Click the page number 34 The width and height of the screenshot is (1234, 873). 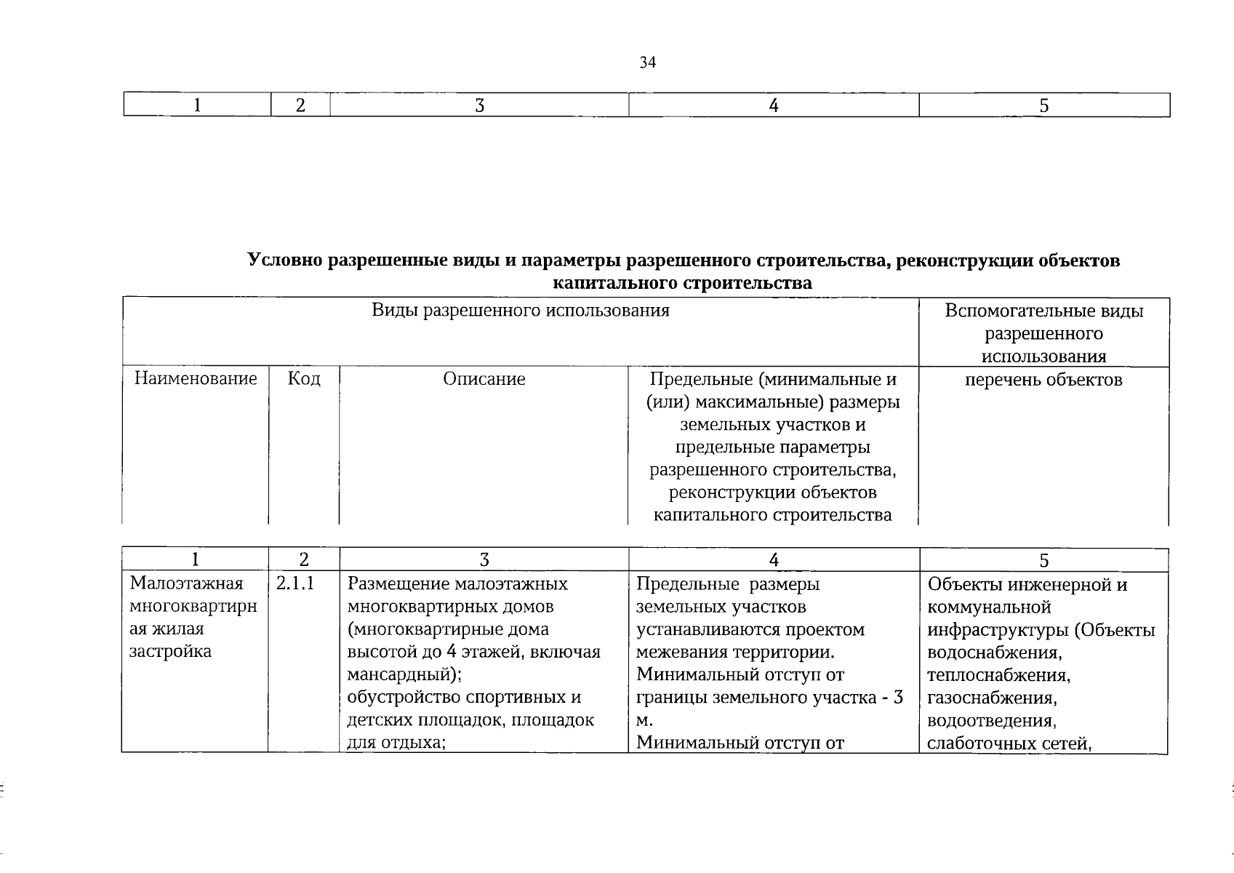pos(647,63)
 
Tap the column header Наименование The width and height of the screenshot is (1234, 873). pos(196,378)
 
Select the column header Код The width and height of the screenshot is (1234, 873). pos(304,378)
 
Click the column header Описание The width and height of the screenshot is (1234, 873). pos(484,379)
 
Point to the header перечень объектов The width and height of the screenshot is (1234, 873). pos(1043,380)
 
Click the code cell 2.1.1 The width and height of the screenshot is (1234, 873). pos(295,583)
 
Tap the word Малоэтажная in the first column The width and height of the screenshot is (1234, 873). pos(185,583)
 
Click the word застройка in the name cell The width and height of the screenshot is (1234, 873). pos(170,651)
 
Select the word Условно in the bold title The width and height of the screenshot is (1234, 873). pos(285,260)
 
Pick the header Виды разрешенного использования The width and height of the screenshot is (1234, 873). pos(520,311)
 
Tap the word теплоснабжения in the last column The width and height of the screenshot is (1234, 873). pos(998,675)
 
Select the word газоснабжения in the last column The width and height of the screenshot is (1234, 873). pos(991,698)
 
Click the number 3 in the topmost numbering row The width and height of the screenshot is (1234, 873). pos(479,105)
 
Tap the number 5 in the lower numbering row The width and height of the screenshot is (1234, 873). pos(1043,559)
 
